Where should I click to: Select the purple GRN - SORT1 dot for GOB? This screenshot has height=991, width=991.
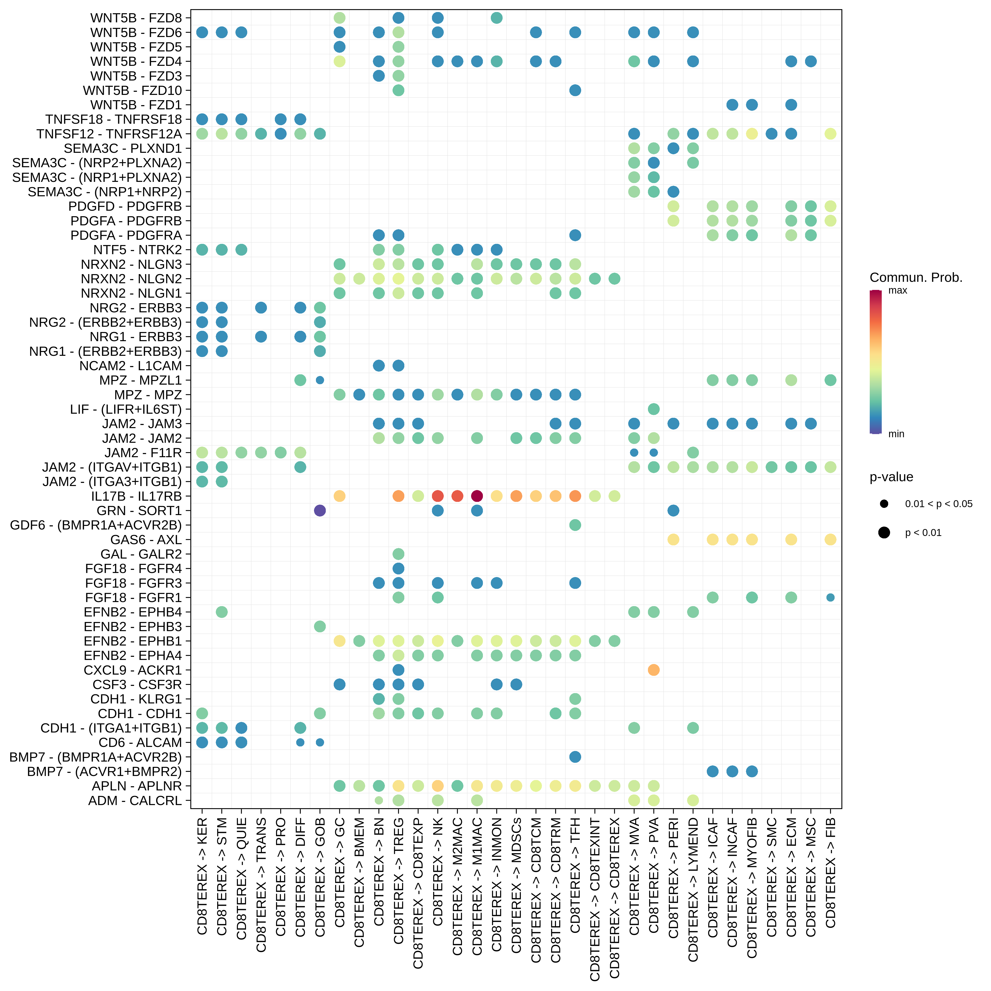pyautogui.click(x=320, y=510)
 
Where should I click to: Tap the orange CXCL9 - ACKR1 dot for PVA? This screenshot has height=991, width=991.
pyautogui.click(x=653, y=670)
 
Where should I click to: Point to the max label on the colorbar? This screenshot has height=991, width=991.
pyautogui.click(x=898, y=290)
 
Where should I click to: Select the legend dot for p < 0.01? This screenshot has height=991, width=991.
pyautogui.click(x=884, y=532)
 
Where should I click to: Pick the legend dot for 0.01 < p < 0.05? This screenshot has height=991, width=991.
pyautogui.click(x=884, y=504)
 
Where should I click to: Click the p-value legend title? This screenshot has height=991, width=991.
pyautogui.click(x=892, y=477)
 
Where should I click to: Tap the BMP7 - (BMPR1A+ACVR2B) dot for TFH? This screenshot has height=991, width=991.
pyautogui.click(x=575, y=757)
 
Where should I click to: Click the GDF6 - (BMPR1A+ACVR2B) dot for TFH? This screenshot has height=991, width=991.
pyautogui.click(x=575, y=525)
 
